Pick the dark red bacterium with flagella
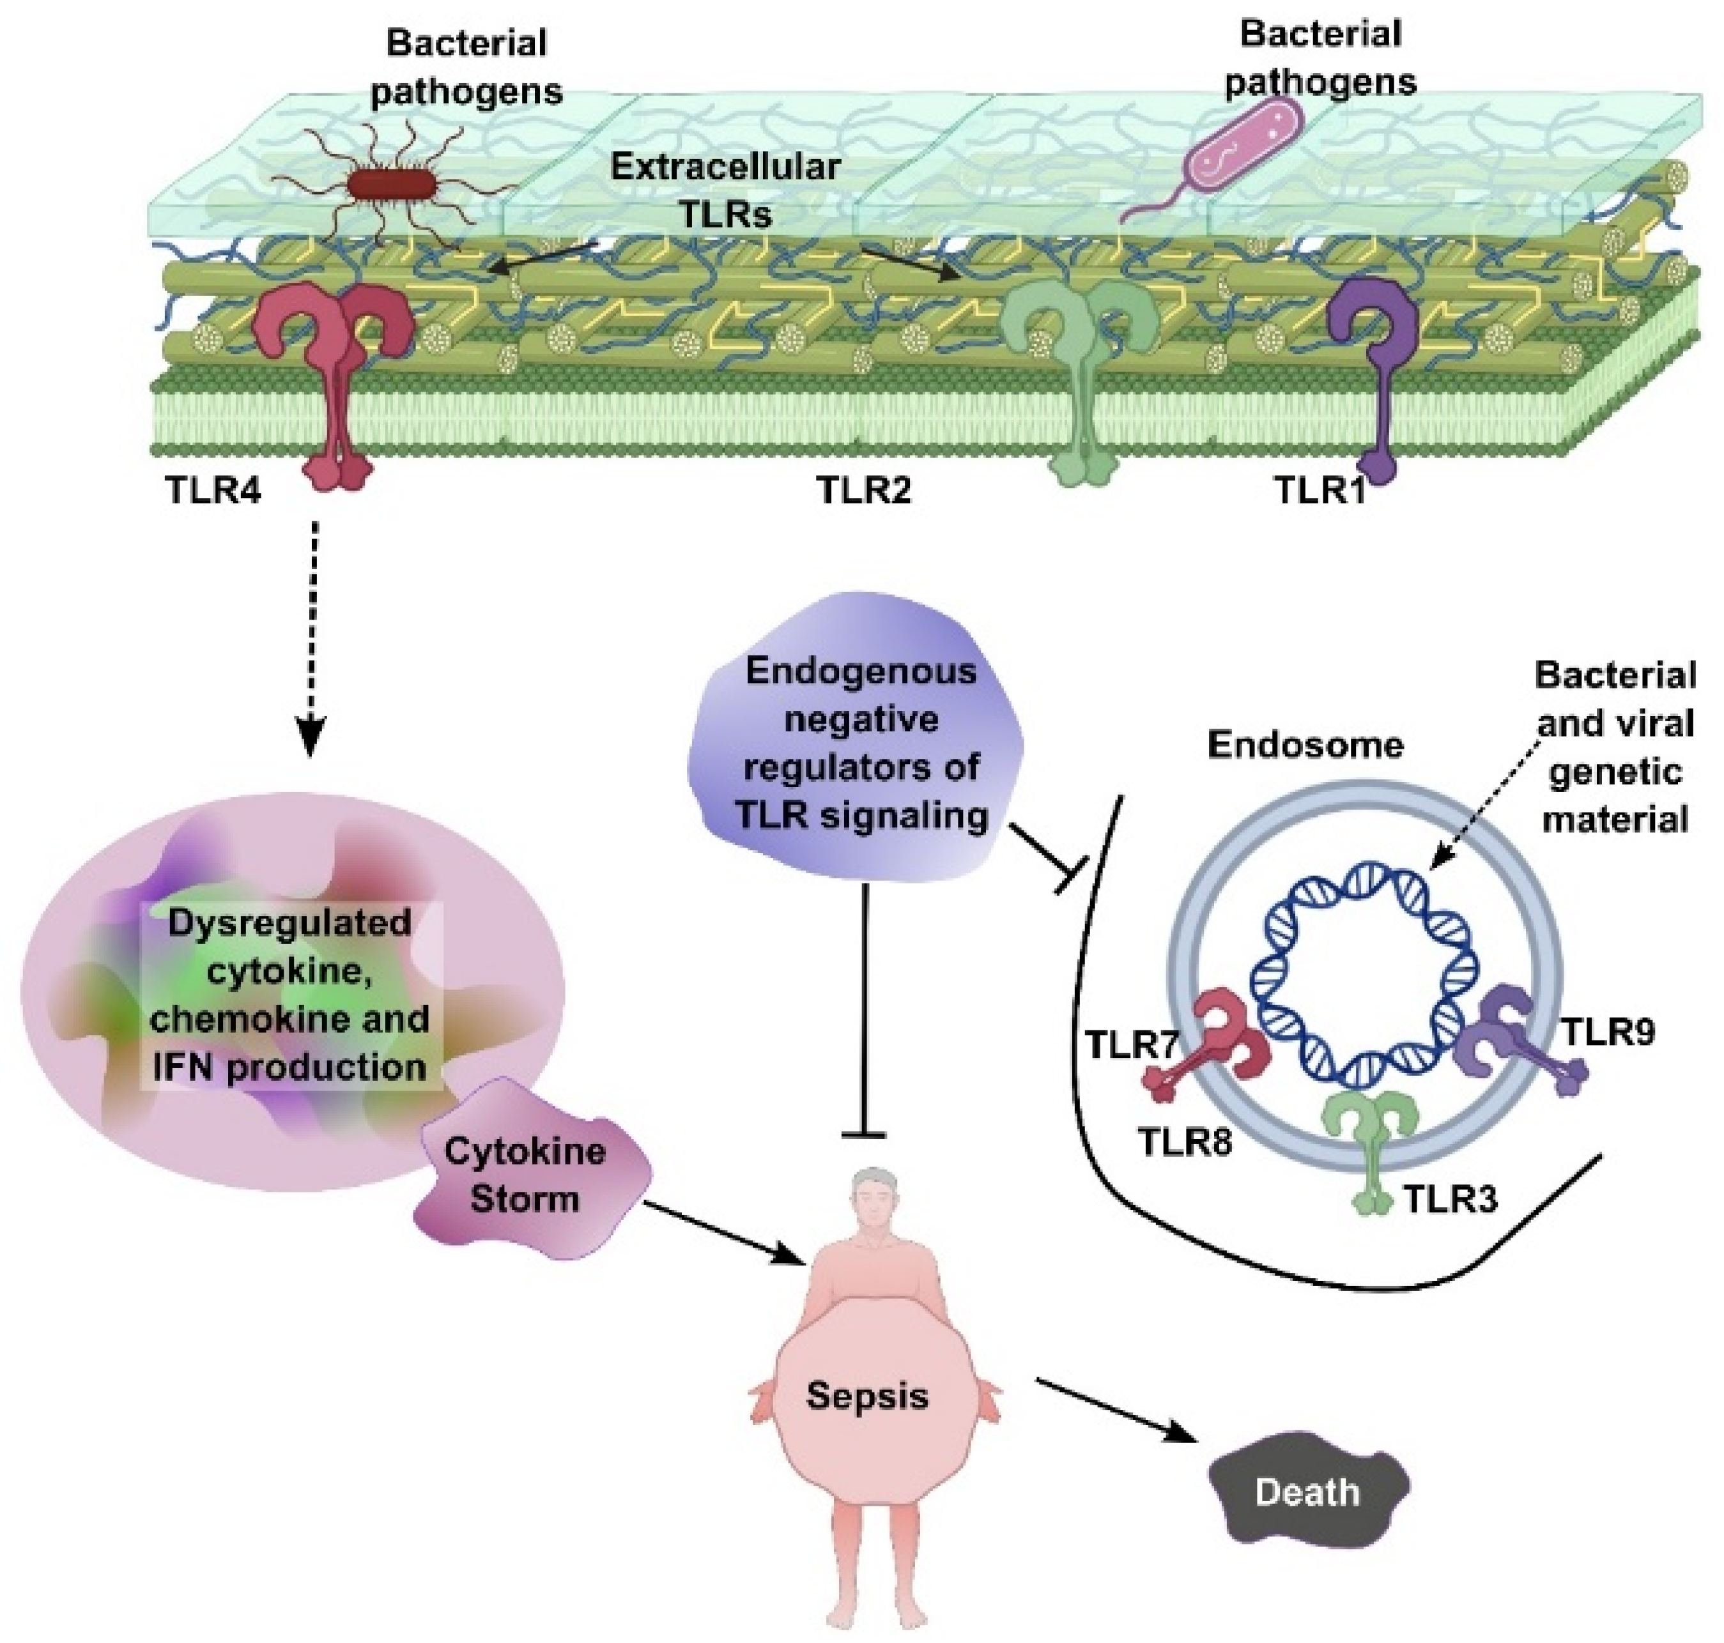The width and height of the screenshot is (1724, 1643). [x=392, y=185]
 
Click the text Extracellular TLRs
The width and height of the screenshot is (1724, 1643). [x=725, y=190]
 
